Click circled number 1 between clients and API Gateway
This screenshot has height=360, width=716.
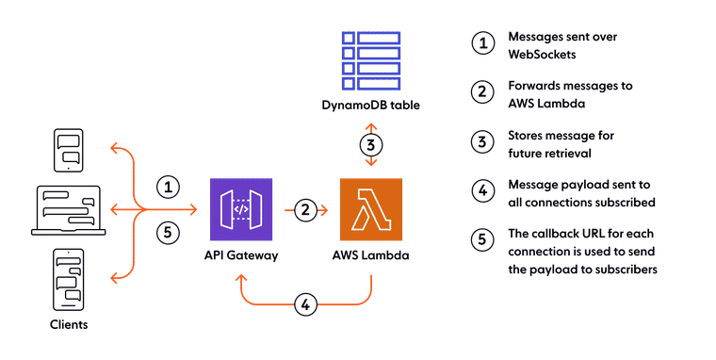(x=167, y=187)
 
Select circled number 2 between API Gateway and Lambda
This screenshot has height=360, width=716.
(x=304, y=210)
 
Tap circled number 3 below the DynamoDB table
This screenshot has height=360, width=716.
(x=371, y=145)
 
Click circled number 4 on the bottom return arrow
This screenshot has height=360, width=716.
(x=304, y=304)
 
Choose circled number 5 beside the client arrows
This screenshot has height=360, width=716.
(x=167, y=232)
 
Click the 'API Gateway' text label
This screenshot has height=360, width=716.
(x=241, y=256)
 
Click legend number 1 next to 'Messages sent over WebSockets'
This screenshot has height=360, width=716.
(x=480, y=43)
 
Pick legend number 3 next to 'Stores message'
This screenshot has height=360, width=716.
(x=480, y=141)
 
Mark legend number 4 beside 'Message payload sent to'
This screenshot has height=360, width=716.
(x=480, y=190)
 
